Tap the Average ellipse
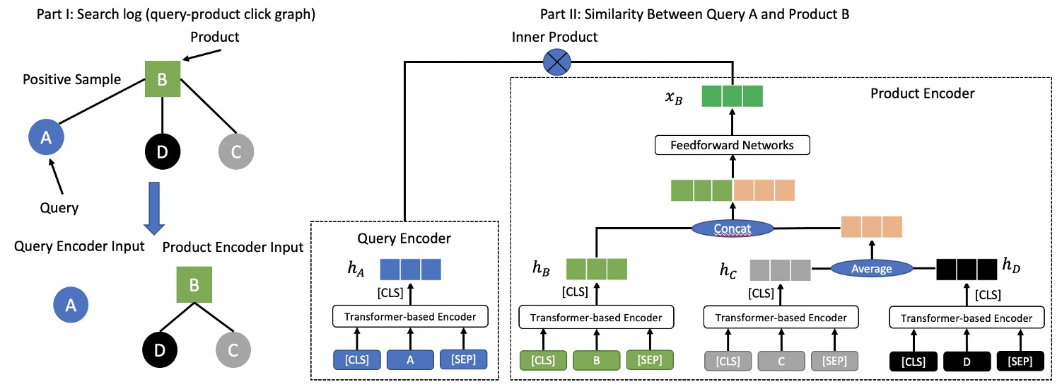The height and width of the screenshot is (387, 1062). click(x=872, y=268)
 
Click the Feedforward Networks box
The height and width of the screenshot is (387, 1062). click(x=733, y=146)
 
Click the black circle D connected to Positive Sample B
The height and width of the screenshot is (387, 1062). click(x=162, y=150)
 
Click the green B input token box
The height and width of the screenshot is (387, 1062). click(x=597, y=360)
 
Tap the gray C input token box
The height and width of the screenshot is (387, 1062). click(x=781, y=360)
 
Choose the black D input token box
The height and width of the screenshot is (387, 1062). click(x=967, y=361)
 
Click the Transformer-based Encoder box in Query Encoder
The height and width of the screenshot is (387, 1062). click(x=410, y=317)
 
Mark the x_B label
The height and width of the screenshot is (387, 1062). click(x=672, y=98)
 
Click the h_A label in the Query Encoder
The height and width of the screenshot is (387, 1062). click(x=355, y=269)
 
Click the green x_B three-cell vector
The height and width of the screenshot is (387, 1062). click(x=733, y=96)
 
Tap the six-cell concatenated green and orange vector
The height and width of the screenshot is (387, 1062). click(x=733, y=190)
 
